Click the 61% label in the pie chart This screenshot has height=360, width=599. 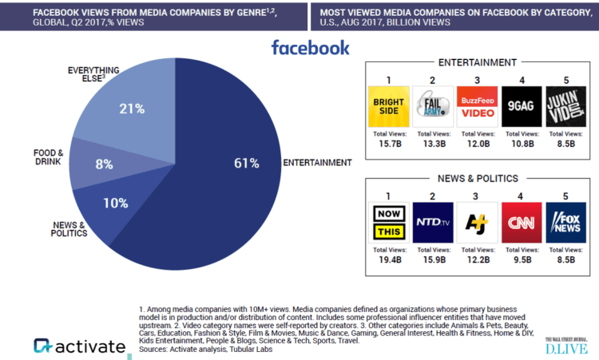(x=246, y=164)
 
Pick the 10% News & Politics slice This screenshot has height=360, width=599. (x=117, y=203)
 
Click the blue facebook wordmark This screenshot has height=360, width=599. (x=310, y=47)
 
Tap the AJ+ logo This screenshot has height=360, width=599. (x=477, y=223)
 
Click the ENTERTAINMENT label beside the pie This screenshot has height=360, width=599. (x=317, y=163)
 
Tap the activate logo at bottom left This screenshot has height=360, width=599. (x=80, y=346)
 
